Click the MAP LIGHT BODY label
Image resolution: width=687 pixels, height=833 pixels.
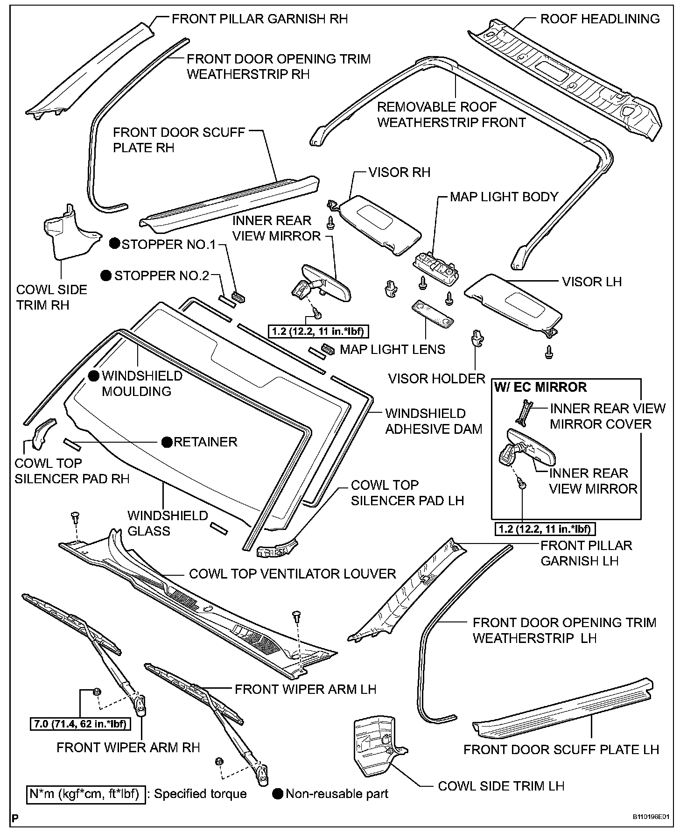click(504, 197)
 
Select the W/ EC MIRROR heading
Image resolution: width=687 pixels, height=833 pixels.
click(540, 387)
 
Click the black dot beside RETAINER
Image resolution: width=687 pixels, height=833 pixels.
click(167, 442)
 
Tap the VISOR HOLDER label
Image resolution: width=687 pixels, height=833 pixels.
click(437, 378)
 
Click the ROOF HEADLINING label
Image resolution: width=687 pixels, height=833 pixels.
click(600, 19)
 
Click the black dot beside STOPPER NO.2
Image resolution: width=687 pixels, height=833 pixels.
click(107, 275)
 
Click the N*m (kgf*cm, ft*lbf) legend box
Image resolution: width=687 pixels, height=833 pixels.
click(84, 794)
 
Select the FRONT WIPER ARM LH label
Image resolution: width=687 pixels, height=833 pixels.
click(305, 689)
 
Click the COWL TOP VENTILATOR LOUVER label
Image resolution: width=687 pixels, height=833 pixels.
click(292, 573)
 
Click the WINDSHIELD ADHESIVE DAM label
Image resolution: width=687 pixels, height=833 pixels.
click(433, 421)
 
